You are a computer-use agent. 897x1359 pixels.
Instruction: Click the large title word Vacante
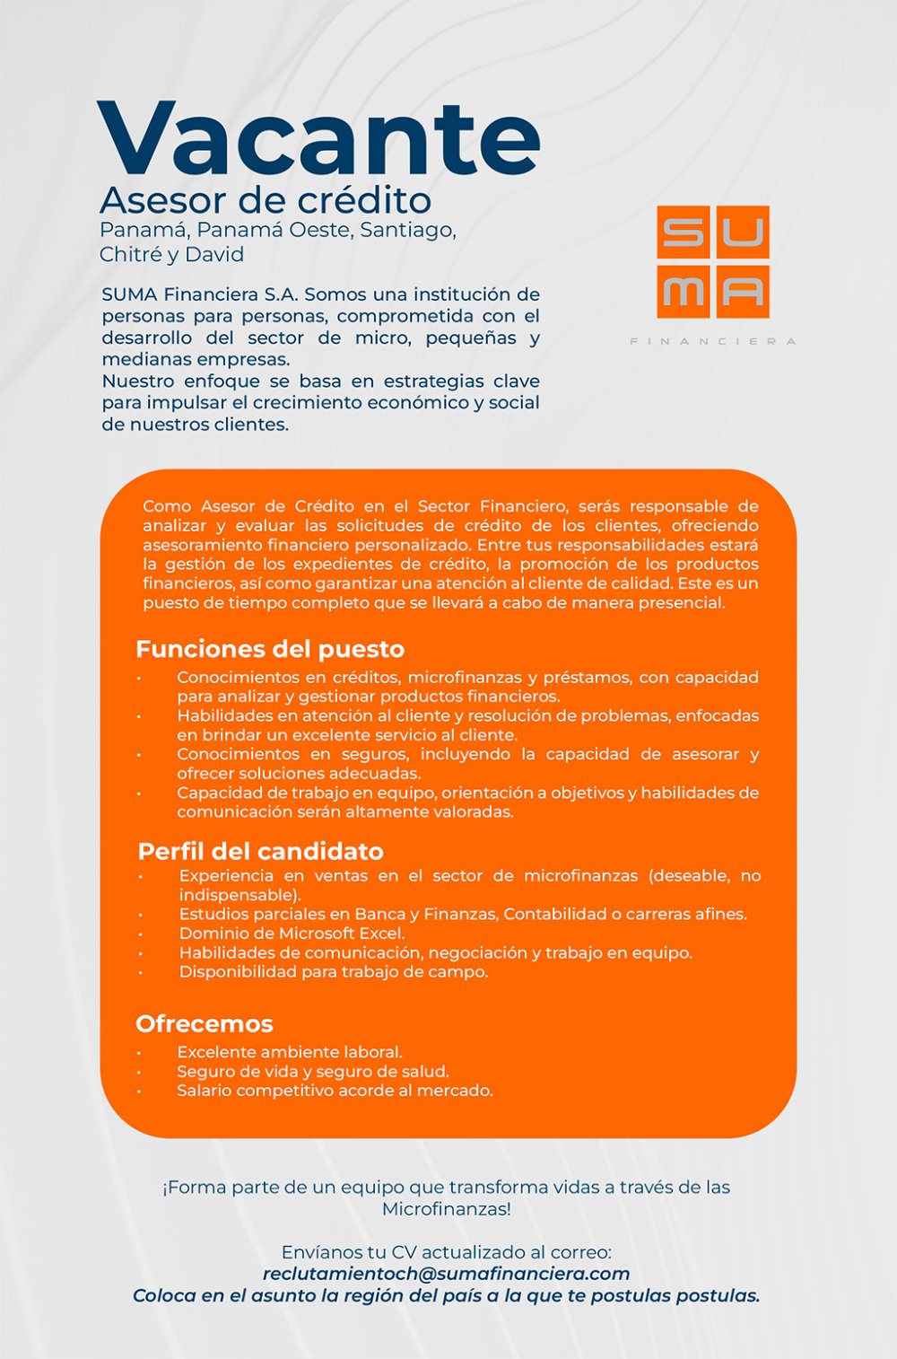[318, 139]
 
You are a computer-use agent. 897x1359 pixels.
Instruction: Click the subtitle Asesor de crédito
[266, 199]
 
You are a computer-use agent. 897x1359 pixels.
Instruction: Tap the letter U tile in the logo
[742, 232]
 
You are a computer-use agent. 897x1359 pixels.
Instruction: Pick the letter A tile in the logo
[742, 291]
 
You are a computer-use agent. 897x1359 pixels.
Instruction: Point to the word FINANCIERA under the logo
[713, 341]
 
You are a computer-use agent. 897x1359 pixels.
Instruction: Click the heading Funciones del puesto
[270, 649]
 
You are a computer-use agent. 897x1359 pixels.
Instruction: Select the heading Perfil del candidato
[260, 851]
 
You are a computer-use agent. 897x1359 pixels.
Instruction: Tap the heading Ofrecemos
[205, 1023]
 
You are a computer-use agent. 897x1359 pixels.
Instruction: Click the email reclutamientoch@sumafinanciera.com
[446, 1274]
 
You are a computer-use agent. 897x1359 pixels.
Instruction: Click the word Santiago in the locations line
[408, 230]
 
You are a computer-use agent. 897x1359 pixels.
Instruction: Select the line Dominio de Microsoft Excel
[292, 934]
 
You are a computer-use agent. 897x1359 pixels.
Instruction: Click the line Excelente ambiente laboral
[289, 1052]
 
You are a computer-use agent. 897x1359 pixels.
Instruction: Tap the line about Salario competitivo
[335, 1091]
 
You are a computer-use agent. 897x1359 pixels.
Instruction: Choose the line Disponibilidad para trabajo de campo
[333, 972]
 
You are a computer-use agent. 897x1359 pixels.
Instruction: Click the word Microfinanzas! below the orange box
[446, 1209]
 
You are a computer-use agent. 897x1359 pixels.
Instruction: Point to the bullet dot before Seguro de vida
[139, 1072]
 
